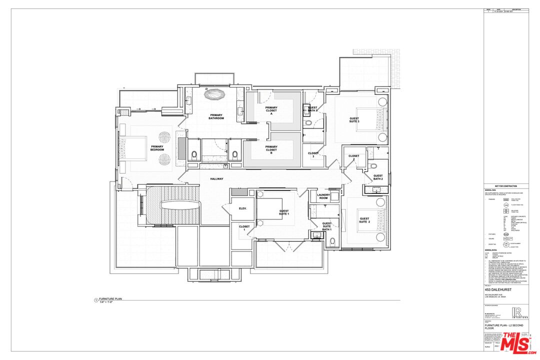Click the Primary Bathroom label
(x=216, y=116)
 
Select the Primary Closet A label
(x=271, y=110)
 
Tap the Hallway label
(x=216, y=178)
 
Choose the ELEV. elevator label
(x=243, y=208)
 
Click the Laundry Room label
(x=323, y=196)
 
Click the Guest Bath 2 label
(x=378, y=177)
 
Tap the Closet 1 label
(x=244, y=228)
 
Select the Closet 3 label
(x=313, y=155)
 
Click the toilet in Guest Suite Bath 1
(x=332, y=242)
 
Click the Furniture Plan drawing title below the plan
(x=110, y=298)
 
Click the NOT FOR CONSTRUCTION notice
(x=506, y=186)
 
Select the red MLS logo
(x=518, y=343)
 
